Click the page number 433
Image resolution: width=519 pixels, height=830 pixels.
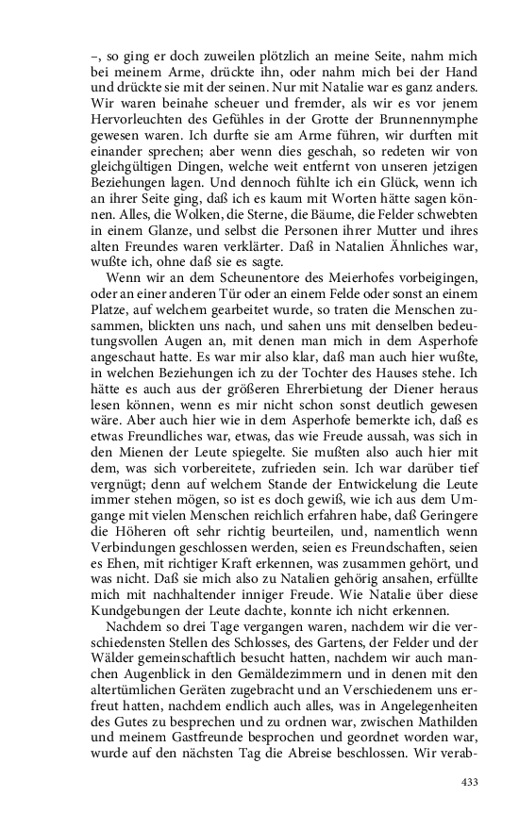pyautogui.click(x=469, y=782)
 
